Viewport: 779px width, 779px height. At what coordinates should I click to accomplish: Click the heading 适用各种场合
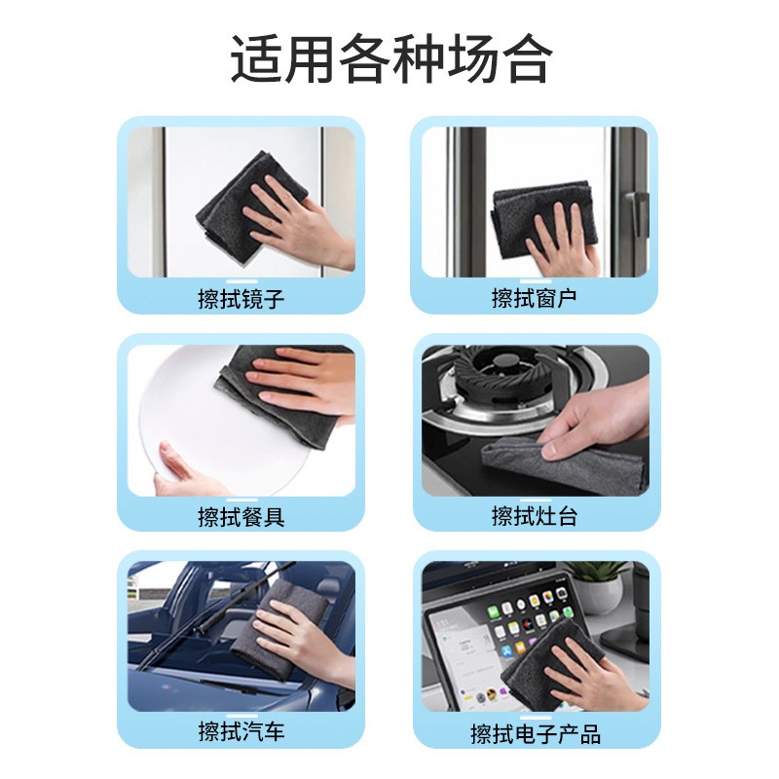389,59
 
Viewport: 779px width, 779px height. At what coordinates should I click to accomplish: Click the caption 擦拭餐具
241,516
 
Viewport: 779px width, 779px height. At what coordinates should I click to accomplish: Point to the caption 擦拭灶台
534,516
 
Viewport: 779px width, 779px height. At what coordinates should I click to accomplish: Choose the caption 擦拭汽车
241,731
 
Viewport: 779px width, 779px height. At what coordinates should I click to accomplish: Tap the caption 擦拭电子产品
535,733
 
